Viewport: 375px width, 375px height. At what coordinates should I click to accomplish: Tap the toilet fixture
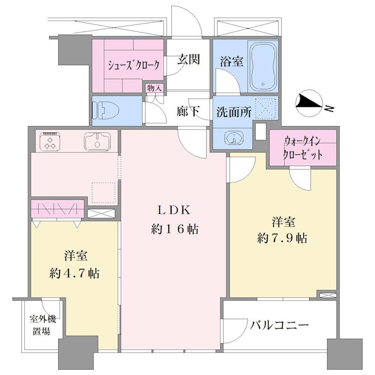(106, 110)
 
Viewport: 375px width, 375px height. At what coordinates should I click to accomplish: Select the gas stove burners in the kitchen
(50, 142)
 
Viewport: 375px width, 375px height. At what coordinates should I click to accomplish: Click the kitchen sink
(97, 142)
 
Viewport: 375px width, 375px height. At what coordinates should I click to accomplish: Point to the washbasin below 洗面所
(234, 138)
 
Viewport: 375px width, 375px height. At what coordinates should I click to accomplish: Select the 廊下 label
(188, 111)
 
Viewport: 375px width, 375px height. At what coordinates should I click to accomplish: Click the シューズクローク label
(134, 65)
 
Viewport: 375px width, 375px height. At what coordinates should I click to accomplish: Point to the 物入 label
(155, 88)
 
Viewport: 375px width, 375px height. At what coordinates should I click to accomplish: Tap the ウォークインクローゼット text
(302, 148)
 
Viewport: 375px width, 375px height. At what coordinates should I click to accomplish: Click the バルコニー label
(279, 325)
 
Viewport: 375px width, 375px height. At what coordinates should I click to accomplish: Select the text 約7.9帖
(282, 238)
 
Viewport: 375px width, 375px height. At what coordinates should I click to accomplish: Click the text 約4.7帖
(75, 273)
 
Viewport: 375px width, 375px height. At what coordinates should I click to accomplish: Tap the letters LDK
(174, 210)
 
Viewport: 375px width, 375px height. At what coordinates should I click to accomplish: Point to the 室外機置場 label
(43, 325)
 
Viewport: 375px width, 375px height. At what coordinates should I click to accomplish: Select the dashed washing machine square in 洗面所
(266, 109)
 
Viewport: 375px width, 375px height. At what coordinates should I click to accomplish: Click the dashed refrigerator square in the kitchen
(104, 193)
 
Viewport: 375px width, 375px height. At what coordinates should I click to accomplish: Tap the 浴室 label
(232, 61)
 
